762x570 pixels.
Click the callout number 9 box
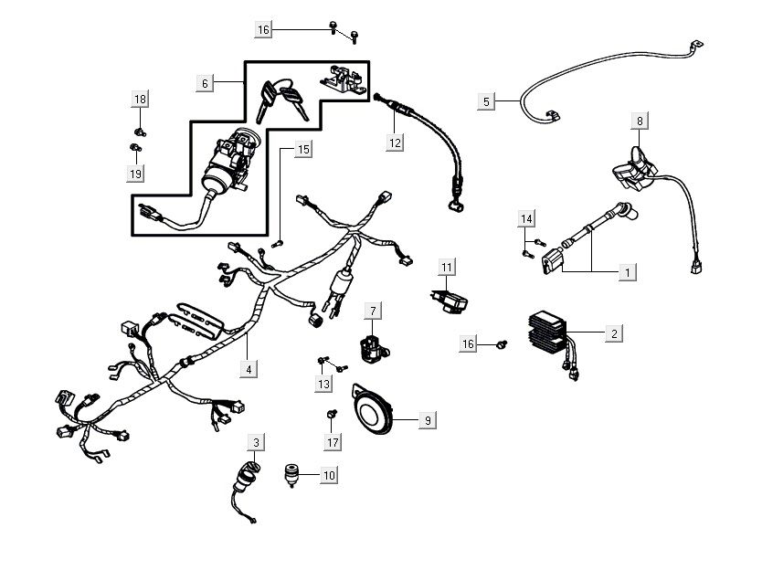click(427, 420)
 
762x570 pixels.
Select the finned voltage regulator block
click(550, 336)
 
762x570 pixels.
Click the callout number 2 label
click(614, 334)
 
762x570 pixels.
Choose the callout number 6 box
click(206, 83)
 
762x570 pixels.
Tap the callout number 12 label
click(395, 142)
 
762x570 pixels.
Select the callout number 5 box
click(486, 100)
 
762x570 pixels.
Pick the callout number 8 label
click(640, 121)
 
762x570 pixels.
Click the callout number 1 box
click(627, 272)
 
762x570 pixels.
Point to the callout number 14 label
click(525, 219)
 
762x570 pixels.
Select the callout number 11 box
click(446, 267)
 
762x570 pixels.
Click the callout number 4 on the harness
click(248, 370)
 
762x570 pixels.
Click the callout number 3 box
click(257, 443)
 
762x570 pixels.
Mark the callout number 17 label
click(333, 442)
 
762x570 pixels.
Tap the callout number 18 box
click(139, 99)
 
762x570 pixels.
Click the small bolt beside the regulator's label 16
click(501, 344)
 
